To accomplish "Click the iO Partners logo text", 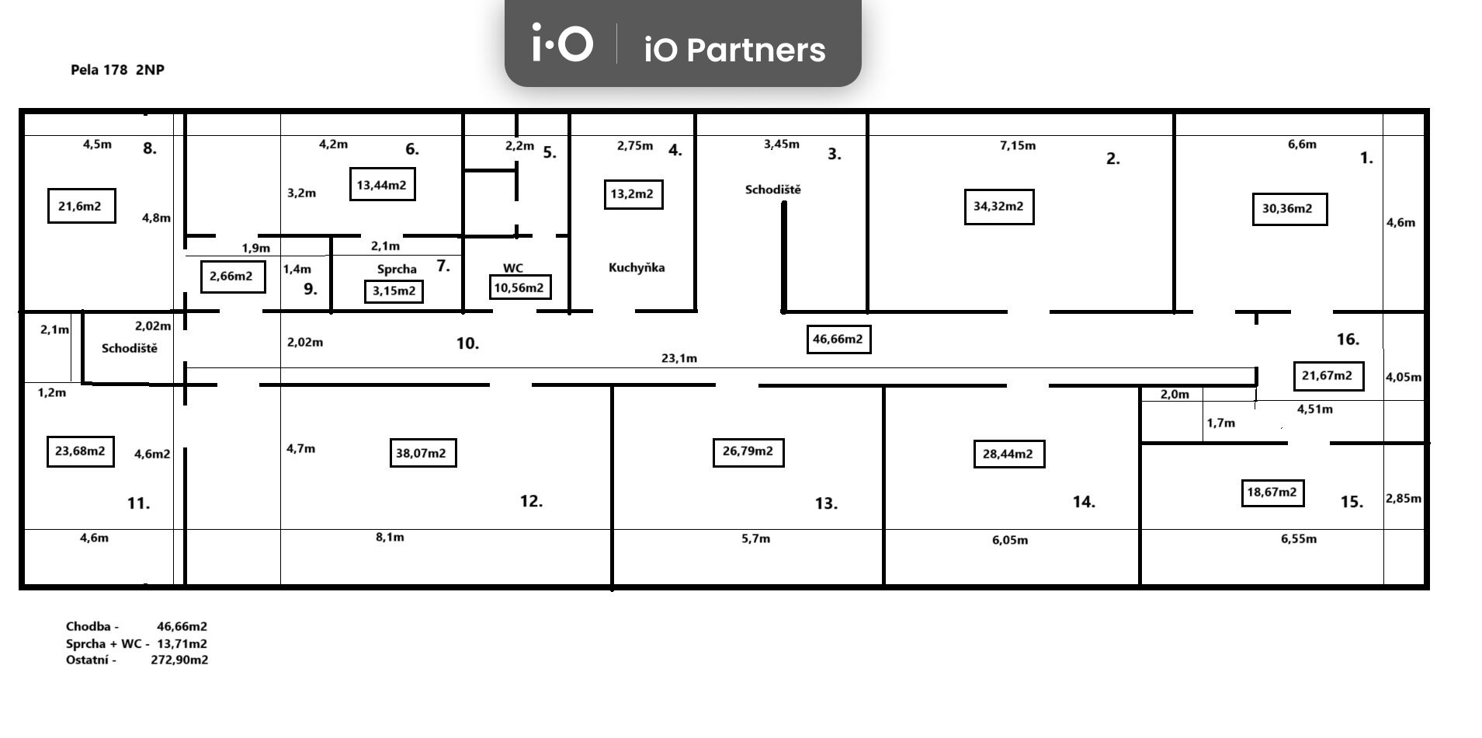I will [734, 50].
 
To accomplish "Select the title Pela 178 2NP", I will [117, 70].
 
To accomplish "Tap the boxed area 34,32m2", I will [998, 207].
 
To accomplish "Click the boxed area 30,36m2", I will [1289, 209].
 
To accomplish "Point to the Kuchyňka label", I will [637, 268].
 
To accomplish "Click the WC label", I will [512, 268].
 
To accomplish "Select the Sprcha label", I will [397, 270].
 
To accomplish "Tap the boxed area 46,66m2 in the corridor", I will [838, 339].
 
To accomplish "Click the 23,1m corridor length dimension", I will [679, 358].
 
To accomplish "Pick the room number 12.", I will [531, 501].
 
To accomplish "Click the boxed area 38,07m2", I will [422, 453].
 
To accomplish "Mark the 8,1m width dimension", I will [390, 538].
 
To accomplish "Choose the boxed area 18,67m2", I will [1272, 493].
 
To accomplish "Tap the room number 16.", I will [1348, 339].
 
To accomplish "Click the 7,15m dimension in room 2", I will [1018, 145].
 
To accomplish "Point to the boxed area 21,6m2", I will [81, 206].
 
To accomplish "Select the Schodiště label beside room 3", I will [772, 190].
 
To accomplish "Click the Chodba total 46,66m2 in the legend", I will [182, 626].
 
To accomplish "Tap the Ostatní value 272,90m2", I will [179, 660].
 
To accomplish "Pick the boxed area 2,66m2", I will [231, 277].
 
